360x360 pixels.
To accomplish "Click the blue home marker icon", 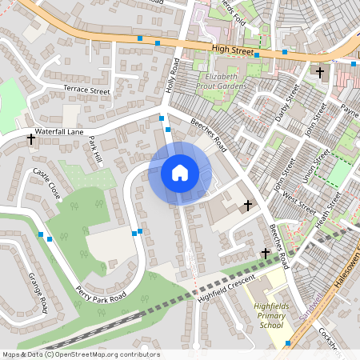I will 180,173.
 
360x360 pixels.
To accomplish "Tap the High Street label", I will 233,50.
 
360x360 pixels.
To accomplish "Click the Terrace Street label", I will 87,90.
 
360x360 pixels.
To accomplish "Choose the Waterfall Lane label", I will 60,132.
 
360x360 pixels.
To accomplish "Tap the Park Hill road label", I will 96,150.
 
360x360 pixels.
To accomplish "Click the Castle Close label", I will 47,184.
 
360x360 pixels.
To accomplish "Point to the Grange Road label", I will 38,292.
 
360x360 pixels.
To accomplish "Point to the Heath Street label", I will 329,207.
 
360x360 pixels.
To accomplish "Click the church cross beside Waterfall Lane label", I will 31,138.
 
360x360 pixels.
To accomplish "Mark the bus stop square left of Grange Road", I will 41,234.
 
